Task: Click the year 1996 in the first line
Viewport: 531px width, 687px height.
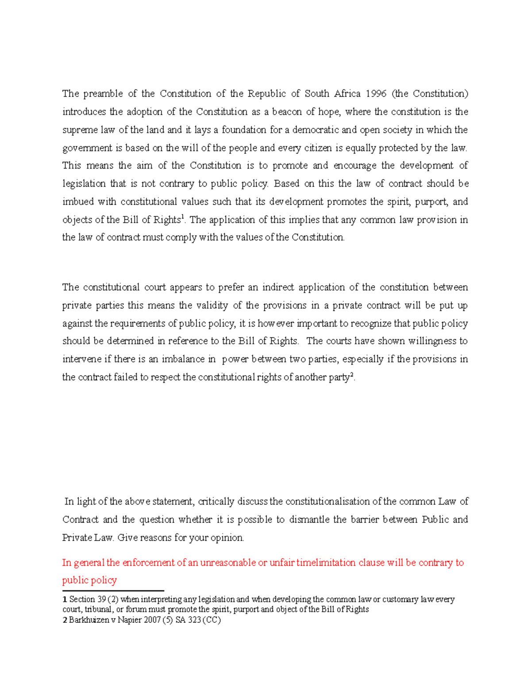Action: (x=376, y=94)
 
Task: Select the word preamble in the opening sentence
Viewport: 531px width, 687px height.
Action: (x=103, y=94)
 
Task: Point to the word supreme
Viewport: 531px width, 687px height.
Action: (x=80, y=130)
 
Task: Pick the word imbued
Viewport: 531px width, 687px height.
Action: (x=78, y=202)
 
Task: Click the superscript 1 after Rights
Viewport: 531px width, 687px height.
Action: (x=183, y=217)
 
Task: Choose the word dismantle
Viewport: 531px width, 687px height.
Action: (x=308, y=520)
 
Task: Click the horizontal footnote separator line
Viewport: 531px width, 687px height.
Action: (x=113, y=591)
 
